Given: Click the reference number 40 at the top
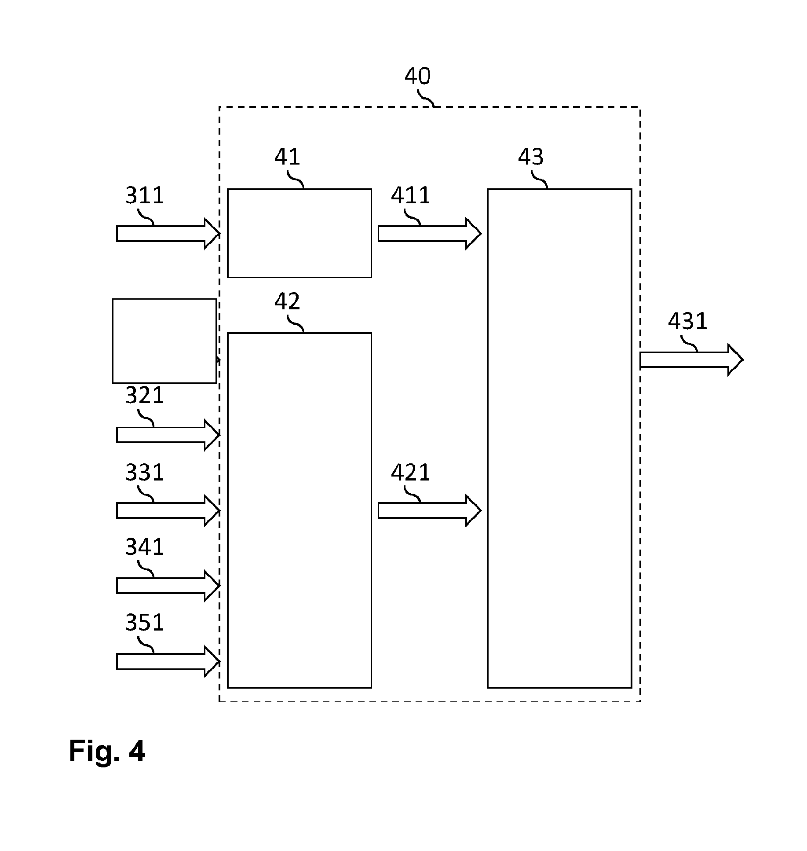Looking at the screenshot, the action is [417, 76].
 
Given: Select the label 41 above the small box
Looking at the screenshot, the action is [287, 157].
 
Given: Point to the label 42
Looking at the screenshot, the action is [287, 301].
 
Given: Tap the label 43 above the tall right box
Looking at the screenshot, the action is [531, 157].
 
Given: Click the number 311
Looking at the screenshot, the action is [144, 195].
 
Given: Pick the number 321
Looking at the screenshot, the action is [144, 396].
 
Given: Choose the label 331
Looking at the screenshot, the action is [144, 473].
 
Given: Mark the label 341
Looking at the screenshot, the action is [144, 547].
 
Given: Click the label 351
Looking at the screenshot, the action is [144, 623].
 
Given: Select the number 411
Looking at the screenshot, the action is [410, 195].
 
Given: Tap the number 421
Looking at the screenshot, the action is [410, 473].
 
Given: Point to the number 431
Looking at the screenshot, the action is [687, 321].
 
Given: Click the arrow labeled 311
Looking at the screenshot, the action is [168, 234].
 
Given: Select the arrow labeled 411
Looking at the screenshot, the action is [430, 234].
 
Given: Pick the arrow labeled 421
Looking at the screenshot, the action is [430, 510].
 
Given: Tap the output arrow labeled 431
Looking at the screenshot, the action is [692, 360].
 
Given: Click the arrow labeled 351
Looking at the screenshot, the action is [168, 661].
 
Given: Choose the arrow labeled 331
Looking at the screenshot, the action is [168, 510].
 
